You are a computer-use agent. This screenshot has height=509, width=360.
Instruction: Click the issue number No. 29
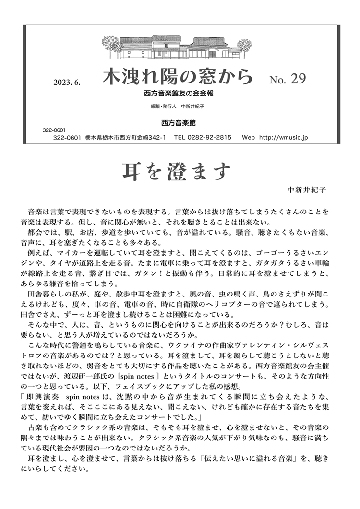288,78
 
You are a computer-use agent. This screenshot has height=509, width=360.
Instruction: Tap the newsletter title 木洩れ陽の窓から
177,77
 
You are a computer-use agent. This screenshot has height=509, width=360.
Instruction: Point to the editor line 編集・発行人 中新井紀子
177,107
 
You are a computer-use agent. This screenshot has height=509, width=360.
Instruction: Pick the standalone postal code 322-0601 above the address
54,130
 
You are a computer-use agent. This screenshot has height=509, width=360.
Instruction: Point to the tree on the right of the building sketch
244,47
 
